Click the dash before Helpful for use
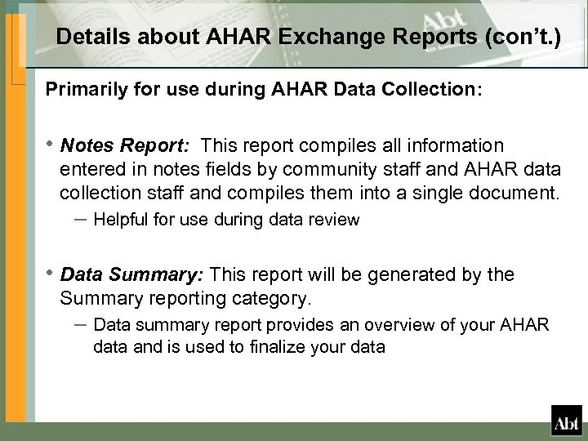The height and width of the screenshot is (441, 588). point(79,219)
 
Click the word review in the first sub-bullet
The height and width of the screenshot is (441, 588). point(336,220)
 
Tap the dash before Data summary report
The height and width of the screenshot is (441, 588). point(79,323)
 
